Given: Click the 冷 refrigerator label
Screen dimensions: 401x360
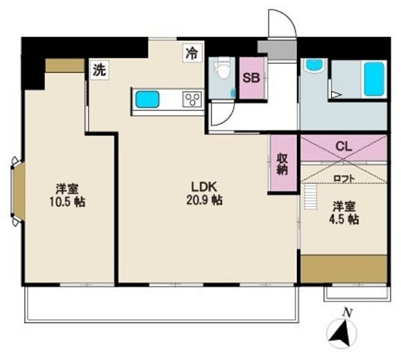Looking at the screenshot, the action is click(192, 53).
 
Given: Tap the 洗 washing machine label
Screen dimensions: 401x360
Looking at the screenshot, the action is click(99, 70).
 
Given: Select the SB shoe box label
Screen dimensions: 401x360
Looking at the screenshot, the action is click(251, 78).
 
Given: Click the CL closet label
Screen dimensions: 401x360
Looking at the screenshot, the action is click(344, 147).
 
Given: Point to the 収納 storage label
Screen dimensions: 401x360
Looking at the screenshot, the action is click(282, 164).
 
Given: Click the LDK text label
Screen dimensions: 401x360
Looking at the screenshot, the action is click(204, 187).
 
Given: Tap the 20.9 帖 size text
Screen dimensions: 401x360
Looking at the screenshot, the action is click(204, 200).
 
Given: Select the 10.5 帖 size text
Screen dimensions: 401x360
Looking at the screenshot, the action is click(67, 203).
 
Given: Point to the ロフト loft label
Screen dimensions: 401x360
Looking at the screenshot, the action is click(344, 178).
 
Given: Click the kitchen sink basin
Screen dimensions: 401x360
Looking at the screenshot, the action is click(147, 99).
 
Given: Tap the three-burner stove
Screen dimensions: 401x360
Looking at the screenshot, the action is click(193, 99).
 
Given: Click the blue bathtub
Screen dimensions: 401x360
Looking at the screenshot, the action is click(374, 79).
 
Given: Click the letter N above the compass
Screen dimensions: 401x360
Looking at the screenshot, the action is click(347, 312).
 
